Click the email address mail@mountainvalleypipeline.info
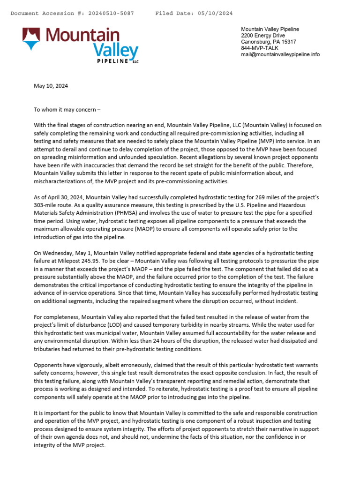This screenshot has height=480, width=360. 280,54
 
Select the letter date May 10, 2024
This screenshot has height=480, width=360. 51,86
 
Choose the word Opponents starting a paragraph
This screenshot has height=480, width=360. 49,365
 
